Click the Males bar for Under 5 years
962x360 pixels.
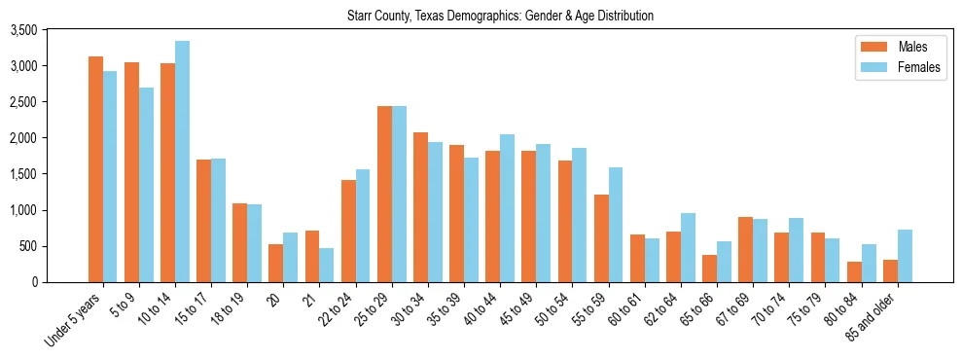point(95,169)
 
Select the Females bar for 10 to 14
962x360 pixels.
point(182,162)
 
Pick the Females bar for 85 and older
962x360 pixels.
point(905,256)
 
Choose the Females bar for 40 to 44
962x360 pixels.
point(507,208)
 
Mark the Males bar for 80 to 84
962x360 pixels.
point(854,271)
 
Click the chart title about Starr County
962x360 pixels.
point(501,16)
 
